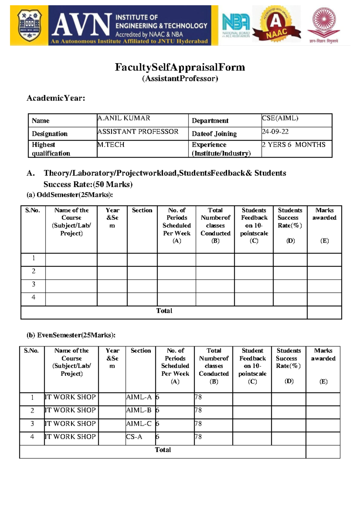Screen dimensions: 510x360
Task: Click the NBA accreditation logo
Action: click(x=236, y=25)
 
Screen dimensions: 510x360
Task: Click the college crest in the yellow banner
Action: click(x=29, y=25)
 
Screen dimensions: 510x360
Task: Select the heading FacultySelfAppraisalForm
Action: click(x=180, y=67)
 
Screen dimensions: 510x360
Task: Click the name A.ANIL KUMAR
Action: click(x=124, y=118)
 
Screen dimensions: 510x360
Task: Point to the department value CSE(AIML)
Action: click(x=280, y=118)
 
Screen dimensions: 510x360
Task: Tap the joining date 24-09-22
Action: click(x=275, y=132)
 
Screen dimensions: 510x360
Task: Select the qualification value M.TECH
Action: click(x=111, y=145)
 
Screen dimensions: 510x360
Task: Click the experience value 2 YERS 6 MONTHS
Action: click(x=293, y=145)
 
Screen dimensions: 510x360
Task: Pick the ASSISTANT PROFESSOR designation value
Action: click(x=138, y=132)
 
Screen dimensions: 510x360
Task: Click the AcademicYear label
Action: click(x=56, y=98)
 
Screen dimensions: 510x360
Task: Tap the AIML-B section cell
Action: click(x=139, y=410)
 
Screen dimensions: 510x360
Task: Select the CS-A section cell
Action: click(x=134, y=437)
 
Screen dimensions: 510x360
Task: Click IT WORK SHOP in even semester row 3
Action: click(x=70, y=424)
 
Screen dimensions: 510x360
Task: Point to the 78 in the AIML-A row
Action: click(x=198, y=397)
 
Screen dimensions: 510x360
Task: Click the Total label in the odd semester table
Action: click(x=164, y=311)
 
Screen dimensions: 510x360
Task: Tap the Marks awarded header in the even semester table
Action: click(x=323, y=355)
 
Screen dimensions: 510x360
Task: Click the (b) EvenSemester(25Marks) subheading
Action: click(x=71, y=335)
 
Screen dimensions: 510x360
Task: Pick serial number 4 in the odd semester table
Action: click(x=33, y=297)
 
